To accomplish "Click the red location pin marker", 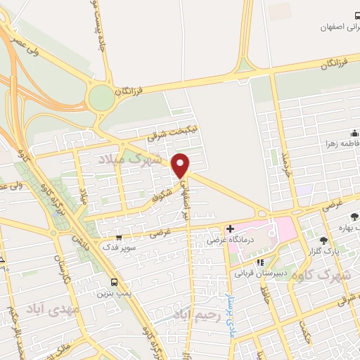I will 181,165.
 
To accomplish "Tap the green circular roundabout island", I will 102,97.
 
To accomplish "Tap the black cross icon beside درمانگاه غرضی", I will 231,229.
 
